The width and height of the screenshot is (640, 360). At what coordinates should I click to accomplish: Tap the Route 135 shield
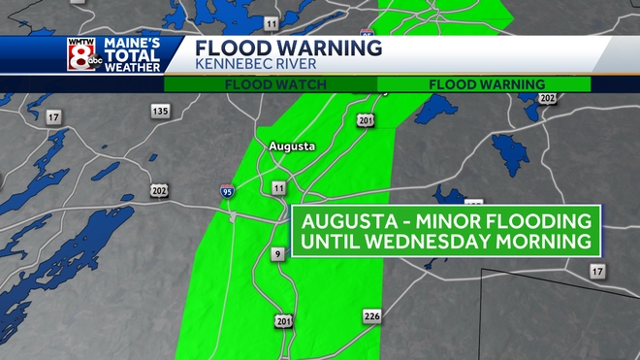point(160,112)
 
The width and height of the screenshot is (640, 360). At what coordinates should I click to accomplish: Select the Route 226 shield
point(371,316)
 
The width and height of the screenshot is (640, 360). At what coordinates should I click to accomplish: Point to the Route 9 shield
point(276,254)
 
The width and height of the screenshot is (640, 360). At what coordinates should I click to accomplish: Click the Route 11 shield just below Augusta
point(279,186)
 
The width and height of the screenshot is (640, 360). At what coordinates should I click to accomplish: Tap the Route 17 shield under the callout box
point(597,271)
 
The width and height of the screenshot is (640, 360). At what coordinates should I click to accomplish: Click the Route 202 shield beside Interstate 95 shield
point(159,190)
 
